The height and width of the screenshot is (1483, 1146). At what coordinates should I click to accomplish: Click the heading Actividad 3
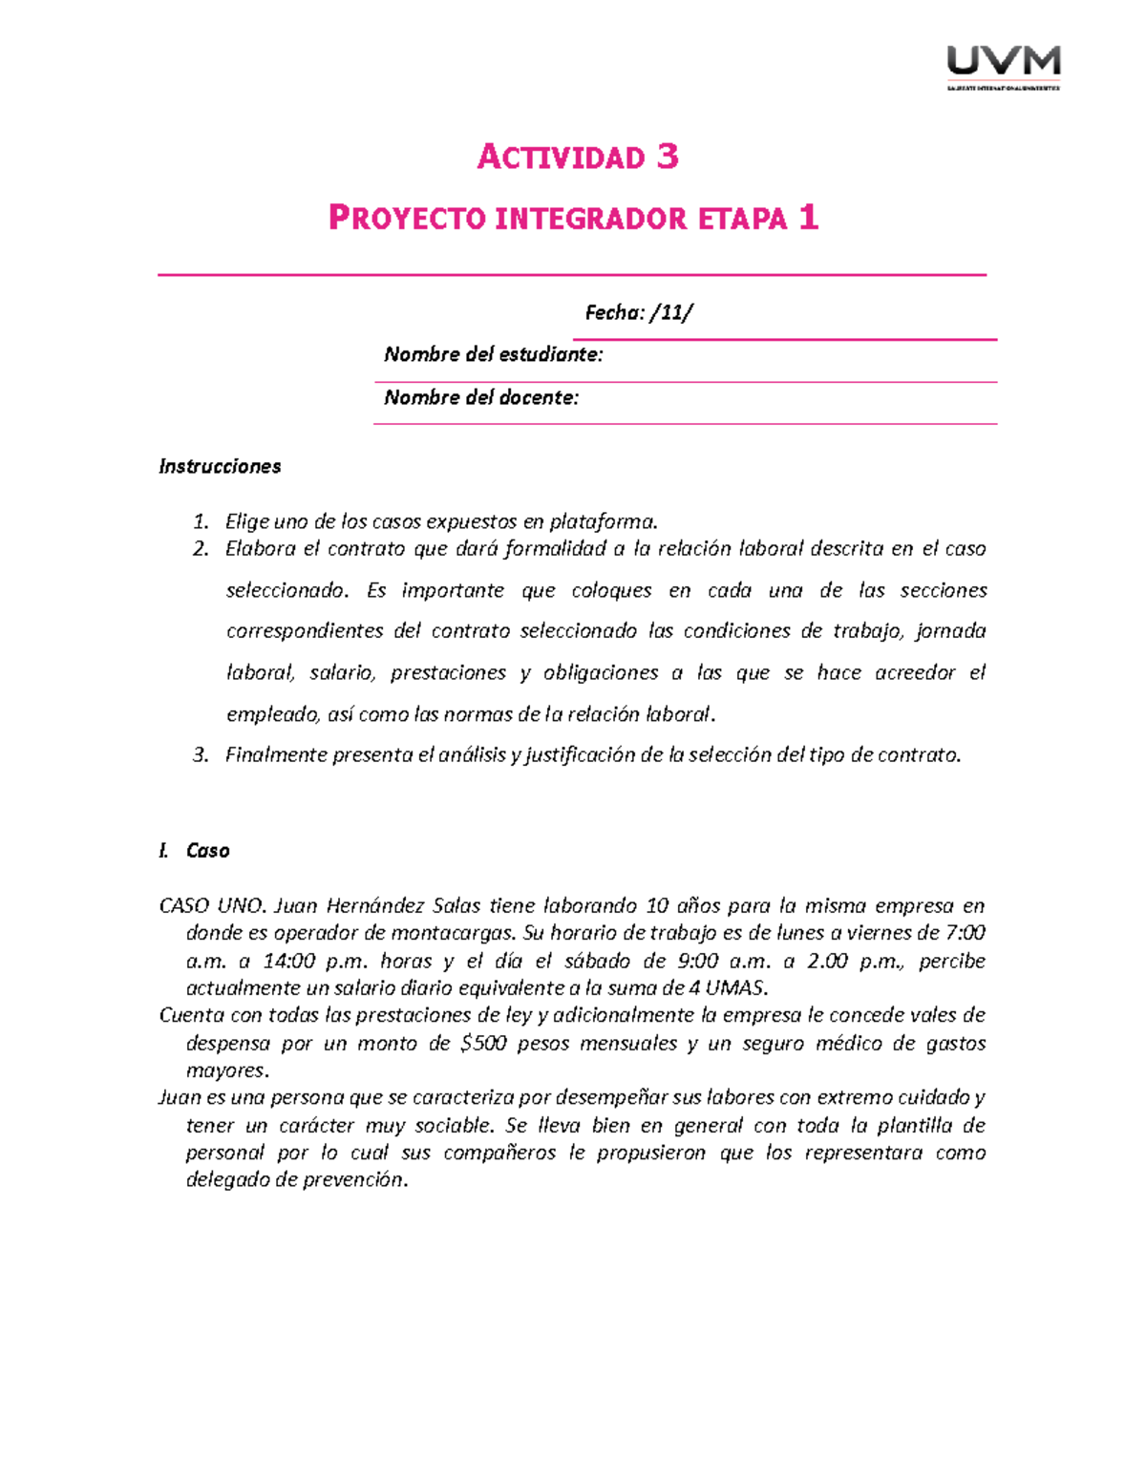coord(578,157)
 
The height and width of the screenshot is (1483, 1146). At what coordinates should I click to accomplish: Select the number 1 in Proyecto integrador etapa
coord(808,219)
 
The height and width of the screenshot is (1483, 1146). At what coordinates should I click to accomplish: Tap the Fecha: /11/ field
coord(639,313)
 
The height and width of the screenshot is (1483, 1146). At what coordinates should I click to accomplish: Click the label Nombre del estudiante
coord(493,355)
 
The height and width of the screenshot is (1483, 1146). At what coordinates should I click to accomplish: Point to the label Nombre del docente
coord(480,398)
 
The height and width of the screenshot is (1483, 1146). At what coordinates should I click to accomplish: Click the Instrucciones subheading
coord(220,467)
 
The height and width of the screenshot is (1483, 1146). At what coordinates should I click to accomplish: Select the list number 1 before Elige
coord(200,521)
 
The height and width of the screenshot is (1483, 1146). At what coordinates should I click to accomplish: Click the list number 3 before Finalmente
coord(200,755)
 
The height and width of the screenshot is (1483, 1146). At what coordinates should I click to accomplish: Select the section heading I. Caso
coord(195,851)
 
